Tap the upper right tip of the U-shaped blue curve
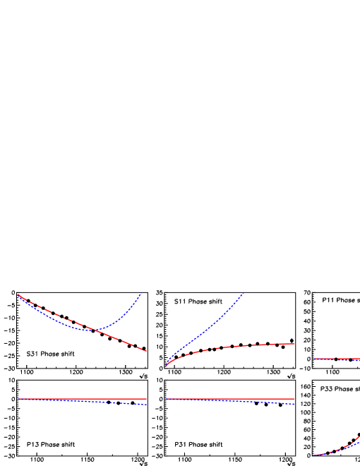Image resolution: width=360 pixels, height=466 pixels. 142,291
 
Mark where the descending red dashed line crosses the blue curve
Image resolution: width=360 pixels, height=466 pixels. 95,330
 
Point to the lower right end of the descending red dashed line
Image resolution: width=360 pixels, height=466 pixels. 146,351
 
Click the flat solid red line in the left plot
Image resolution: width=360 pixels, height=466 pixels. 81,399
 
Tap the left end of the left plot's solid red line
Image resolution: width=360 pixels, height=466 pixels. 18,399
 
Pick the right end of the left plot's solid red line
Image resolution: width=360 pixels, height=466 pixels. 146,399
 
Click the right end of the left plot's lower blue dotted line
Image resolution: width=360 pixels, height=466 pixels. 146,405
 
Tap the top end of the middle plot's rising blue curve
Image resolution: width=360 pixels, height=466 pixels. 244,292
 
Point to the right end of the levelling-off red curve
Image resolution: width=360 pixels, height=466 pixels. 294,344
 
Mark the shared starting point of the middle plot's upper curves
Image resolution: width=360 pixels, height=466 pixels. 167,365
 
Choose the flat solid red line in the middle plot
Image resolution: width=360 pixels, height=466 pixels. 229,399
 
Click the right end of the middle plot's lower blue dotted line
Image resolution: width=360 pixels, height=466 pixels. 294,405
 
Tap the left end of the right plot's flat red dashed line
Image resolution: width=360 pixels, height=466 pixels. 314,359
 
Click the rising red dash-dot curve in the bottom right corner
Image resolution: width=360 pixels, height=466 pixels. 342,448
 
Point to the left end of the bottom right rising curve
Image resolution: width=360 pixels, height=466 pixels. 314,455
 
